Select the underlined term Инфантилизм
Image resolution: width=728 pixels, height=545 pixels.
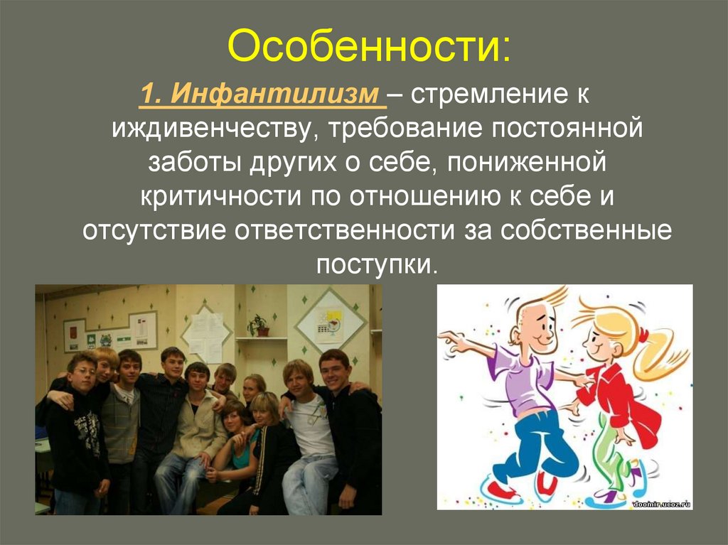point(274,94)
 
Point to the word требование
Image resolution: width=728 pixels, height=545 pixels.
point(404,128)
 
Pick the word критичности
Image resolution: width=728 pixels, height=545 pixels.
point(221,197)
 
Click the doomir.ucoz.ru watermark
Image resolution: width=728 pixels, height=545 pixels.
point(661,503)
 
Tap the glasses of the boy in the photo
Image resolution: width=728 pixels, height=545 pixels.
point(83,372)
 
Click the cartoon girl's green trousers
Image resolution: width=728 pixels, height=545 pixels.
point(609,450)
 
